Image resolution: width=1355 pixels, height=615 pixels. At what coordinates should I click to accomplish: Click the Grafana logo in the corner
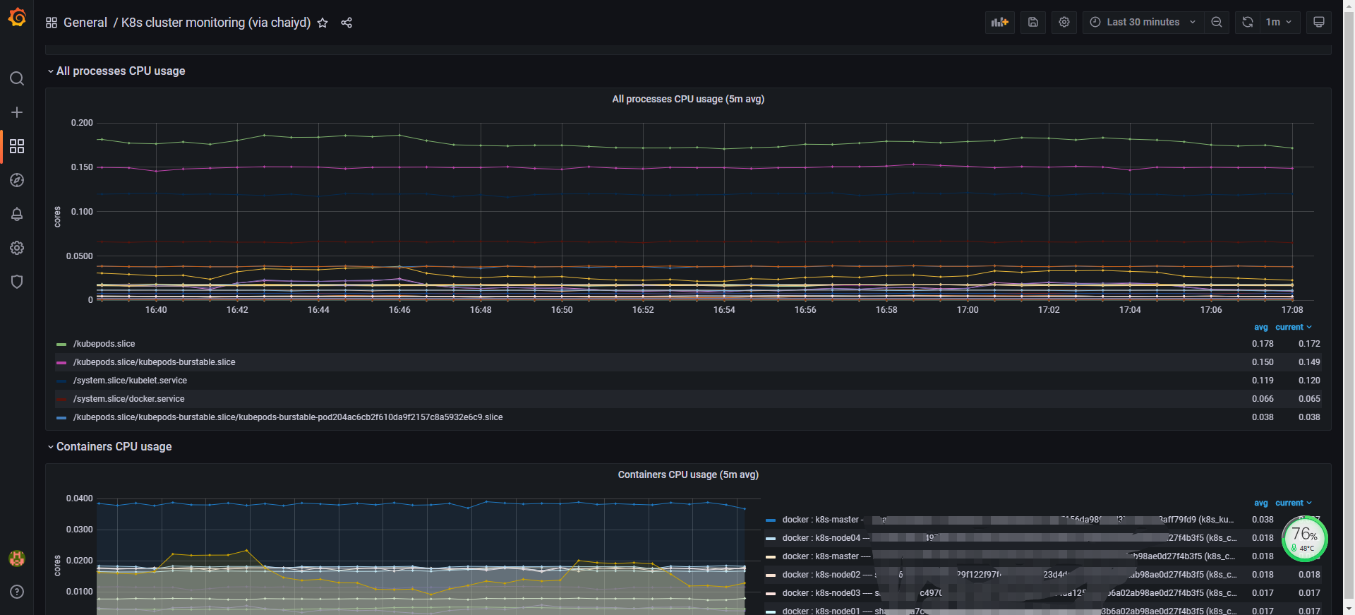coord(17,18)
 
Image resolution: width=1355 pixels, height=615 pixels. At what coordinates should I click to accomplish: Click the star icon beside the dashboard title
coord(323,23)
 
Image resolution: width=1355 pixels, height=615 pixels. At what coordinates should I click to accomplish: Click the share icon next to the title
coord(347,23)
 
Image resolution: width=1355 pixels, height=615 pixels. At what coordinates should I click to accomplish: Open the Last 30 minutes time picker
coord(1143,23)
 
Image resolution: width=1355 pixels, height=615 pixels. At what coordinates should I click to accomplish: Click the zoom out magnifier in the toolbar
coord(1217,23)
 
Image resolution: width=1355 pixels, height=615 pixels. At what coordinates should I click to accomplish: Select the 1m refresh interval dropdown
coord(1278,23)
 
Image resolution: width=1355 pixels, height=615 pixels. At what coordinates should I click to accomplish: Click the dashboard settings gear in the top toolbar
coord(1064,23)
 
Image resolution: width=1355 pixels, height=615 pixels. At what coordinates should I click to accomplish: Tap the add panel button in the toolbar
coord(1000,23)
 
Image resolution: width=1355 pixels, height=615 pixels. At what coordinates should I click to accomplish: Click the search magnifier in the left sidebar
coord(17,78)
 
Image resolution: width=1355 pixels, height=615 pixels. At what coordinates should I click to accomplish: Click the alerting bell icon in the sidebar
coord(17,214)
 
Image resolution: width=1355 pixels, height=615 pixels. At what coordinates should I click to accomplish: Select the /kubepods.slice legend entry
coord(104,344)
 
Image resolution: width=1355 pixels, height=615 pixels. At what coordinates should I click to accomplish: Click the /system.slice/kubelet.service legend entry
coord(130,381)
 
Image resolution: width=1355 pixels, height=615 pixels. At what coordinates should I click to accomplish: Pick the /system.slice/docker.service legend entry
coord(128,399)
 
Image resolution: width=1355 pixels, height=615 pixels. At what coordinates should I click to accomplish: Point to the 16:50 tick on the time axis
coord(562,310)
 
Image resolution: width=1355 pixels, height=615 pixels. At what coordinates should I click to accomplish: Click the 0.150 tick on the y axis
coord(82,167)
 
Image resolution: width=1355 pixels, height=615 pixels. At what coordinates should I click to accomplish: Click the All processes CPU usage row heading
coord(121,71)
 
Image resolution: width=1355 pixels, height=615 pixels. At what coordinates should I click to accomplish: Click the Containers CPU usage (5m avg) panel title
coord(688,474)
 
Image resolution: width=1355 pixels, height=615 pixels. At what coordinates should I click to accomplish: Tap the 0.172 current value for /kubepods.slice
coord(1309,344)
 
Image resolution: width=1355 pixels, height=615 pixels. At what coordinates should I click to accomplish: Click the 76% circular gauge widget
coord(1304,539)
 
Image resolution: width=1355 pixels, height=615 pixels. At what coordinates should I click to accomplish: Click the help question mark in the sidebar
coord(17,592)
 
